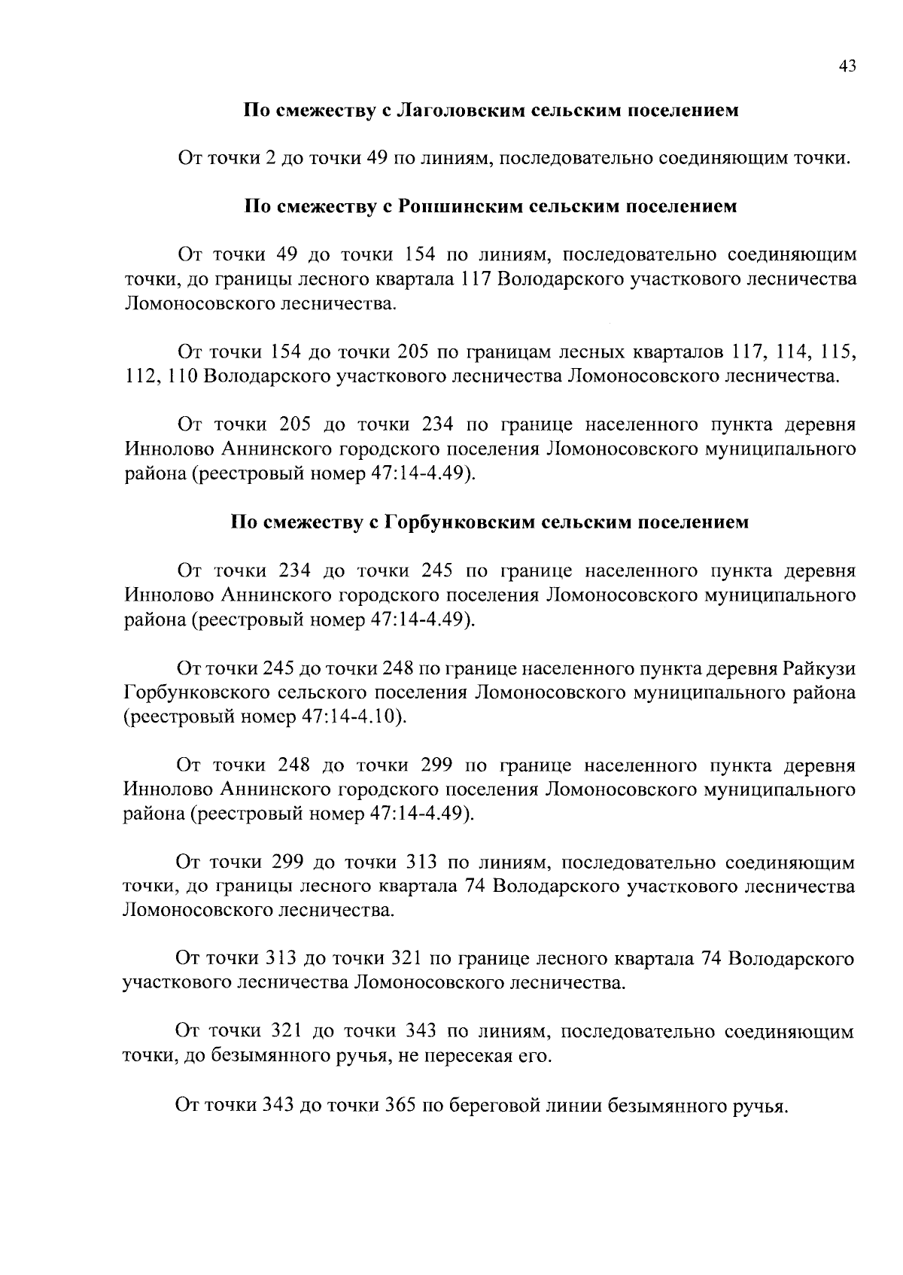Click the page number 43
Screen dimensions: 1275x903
[x=847, y=67]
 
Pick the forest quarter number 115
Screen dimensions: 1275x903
[x=839, y=351]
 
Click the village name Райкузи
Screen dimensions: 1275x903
[x=819, y=668]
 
